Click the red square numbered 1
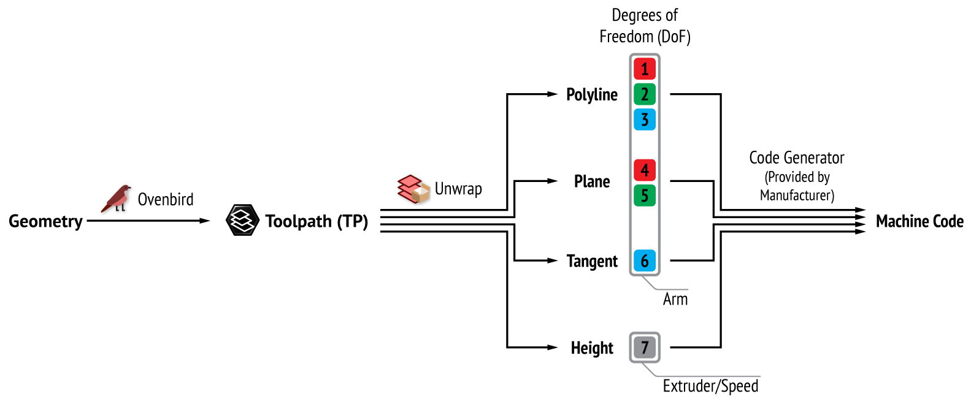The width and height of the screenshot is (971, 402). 645,69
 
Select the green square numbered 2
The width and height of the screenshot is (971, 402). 645,94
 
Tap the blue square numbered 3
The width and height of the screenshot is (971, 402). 645,119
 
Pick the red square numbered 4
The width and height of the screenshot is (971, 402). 645,170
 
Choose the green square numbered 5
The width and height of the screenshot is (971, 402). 645,195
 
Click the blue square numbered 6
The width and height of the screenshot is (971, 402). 645,261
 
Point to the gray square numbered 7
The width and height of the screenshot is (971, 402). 645,347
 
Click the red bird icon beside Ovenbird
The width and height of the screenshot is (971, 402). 117,199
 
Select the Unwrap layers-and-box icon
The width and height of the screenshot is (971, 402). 413,189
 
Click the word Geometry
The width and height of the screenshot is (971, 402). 45,221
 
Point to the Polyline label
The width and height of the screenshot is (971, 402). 592,95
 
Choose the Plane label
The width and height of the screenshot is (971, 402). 592,182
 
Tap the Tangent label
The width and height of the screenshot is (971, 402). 592,262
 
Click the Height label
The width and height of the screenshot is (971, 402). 592,348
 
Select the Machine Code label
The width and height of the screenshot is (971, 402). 919,221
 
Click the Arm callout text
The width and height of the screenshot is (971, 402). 675,299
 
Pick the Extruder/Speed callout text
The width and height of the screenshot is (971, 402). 710,386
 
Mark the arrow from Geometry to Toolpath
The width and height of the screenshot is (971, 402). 147,221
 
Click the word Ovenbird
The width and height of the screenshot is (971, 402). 166,200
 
